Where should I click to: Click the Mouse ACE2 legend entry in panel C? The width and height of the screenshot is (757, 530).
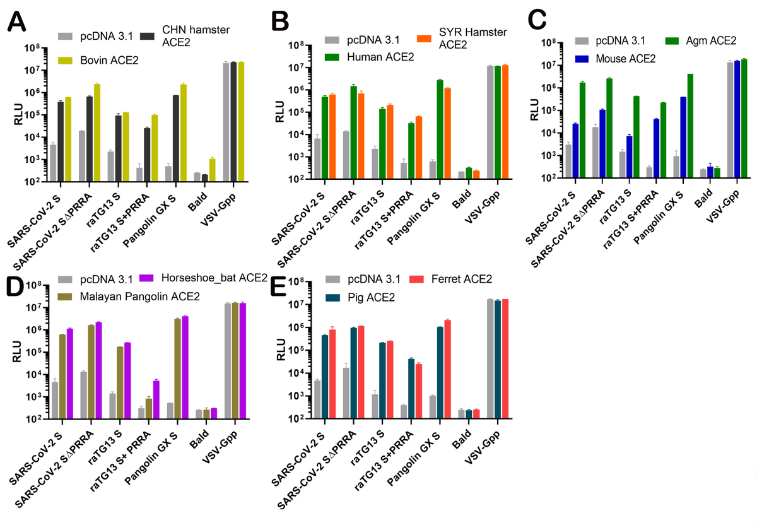[x=619, y=59]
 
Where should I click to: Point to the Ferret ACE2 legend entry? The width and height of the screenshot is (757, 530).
[x=459, y=278]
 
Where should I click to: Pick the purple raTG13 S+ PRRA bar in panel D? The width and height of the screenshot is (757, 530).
[x=156, y=399]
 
